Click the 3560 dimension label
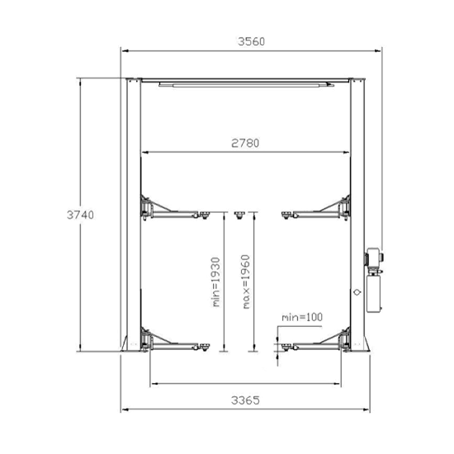[x=251, y=42]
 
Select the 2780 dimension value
[x=245, y=143]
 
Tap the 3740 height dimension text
[x=80, y=215]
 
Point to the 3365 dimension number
[x=245, y=400]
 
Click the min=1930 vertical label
[x=216, y=282]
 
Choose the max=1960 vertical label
[x=245, y=281]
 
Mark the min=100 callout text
[x=302, y=317]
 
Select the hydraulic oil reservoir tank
[x=374, y=294]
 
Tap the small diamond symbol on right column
[x=357, y=292]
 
